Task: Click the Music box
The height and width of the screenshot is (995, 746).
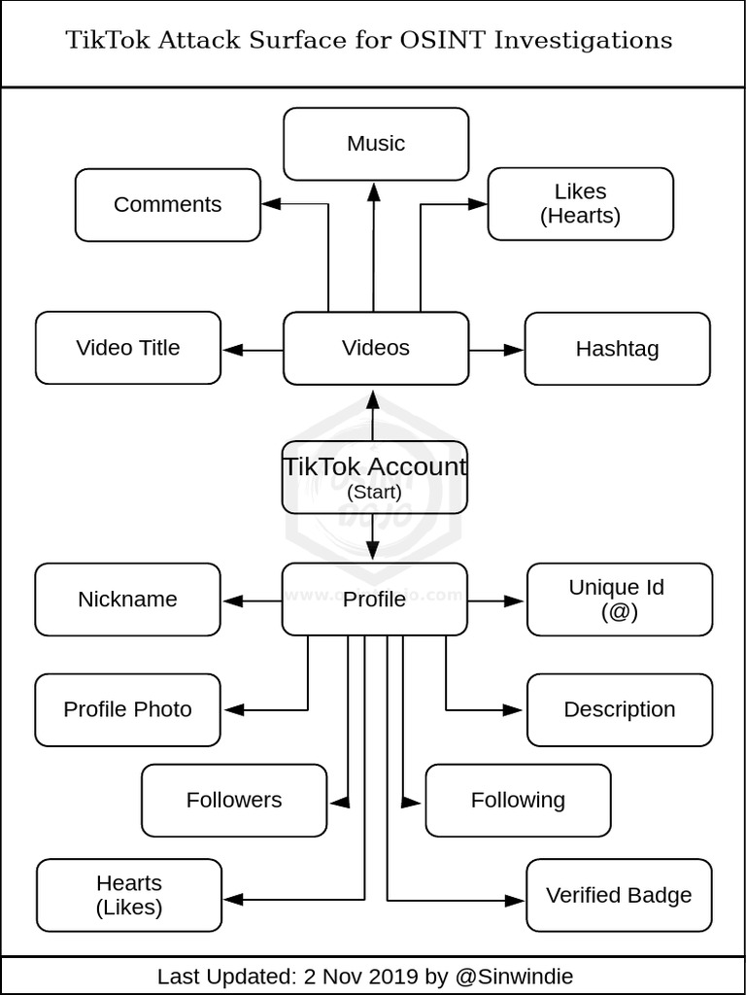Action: point(376,144)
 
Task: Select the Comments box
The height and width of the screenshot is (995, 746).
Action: point(168,205)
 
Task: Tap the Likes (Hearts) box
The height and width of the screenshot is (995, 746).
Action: point(580,204)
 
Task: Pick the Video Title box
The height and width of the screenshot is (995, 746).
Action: point(128,348)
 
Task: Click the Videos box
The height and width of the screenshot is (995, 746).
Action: point(376,348)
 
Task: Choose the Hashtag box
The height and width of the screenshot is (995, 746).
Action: point(617,349)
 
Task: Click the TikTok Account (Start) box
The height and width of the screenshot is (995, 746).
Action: point(375,477)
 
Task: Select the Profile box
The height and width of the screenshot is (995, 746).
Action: point(375,600)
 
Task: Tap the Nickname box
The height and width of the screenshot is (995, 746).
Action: point(128,600)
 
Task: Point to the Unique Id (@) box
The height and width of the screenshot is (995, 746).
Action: point(619,600)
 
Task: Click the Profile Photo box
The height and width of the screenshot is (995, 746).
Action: point(128,710)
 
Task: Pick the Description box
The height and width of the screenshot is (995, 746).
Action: point(619,710)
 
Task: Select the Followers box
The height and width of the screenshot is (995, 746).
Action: point(234,801)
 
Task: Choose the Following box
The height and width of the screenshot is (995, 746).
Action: point(518,801)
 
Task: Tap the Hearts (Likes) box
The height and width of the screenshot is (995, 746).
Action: point(129,895)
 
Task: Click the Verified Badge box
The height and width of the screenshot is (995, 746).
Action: point(619,896)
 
